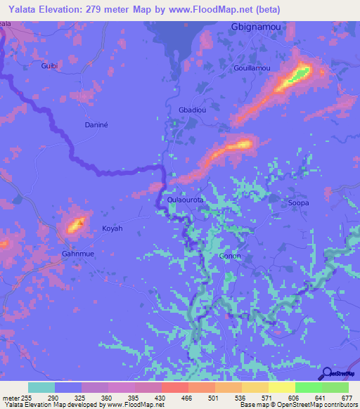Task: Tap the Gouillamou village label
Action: pyautogui.click(x=251, y=68)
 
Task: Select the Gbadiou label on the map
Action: pyautogui.click(x=193, y=111)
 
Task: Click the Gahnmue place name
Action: pyautogui.click(x=77, y=253)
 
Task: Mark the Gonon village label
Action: pyautogui.click(x=230, y=256)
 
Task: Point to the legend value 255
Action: pyautogui.click(x=28, y=398)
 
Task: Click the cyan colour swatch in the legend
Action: pyautogui.click(x=41, y=387)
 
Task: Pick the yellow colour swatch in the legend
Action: pyautogui.click(x=282, y=387)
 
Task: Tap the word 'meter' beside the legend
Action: pyautogui.click(x=10, y=398)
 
